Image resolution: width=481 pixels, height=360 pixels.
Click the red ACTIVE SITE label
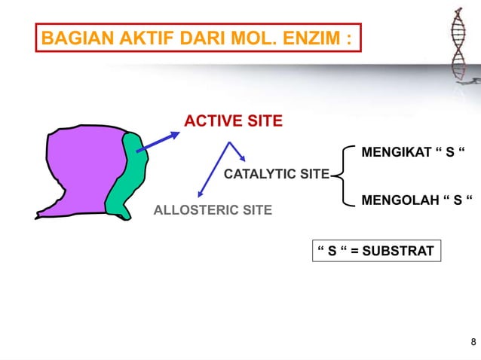pyautogui.click(x=234, y=121)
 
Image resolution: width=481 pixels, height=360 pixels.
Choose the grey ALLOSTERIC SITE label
pyautogui.click(x=213, y=209)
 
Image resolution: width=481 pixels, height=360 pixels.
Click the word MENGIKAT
pyautogui.click(x=397, y=153)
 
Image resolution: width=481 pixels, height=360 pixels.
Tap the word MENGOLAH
pyautogui.click(x=399, y=201)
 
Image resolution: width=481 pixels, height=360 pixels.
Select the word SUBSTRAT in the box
pyautogui.click(x=398, y=251)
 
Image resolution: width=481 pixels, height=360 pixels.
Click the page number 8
pyautogui.click(x=473, y=343)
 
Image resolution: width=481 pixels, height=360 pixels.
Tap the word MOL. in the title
pyautogui.click(x=253, y=38)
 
